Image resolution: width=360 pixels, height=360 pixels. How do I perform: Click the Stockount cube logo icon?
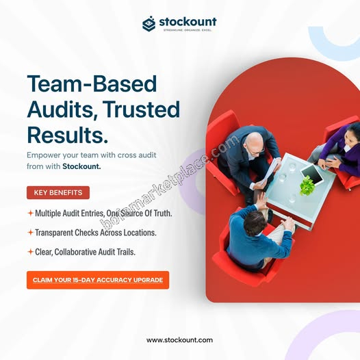[149, 23]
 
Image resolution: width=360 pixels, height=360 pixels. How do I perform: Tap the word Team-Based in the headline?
[92, 83]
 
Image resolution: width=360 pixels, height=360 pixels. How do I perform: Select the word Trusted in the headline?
[141, 109]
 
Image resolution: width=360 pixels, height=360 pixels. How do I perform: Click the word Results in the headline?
[67, 135]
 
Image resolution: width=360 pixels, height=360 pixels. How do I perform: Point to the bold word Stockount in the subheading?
[81, 166]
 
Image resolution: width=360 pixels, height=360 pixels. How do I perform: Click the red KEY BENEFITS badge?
[58, 192]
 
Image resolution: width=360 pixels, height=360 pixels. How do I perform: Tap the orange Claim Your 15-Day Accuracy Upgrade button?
[98, 280]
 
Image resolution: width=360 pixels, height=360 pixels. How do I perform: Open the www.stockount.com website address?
[179, 339]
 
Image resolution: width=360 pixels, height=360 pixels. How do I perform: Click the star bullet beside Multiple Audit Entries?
[30, 214]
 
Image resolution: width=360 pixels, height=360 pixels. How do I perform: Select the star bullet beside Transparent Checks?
[30, 233]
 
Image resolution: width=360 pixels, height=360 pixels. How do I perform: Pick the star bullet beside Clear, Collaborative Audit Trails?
[30, 252]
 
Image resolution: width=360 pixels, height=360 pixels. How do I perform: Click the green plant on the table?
[307, 185]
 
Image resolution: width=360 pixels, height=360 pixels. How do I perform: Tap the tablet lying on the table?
[312, 174]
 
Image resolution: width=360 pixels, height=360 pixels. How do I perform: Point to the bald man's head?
[254, 143]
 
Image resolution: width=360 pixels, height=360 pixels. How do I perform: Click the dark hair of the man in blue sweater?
[255, 223]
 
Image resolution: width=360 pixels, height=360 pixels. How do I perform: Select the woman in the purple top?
[339, 151]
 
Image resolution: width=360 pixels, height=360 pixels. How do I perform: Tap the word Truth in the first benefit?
[163, 214]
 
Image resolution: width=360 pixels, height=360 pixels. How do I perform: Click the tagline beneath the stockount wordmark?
[188, 30]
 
